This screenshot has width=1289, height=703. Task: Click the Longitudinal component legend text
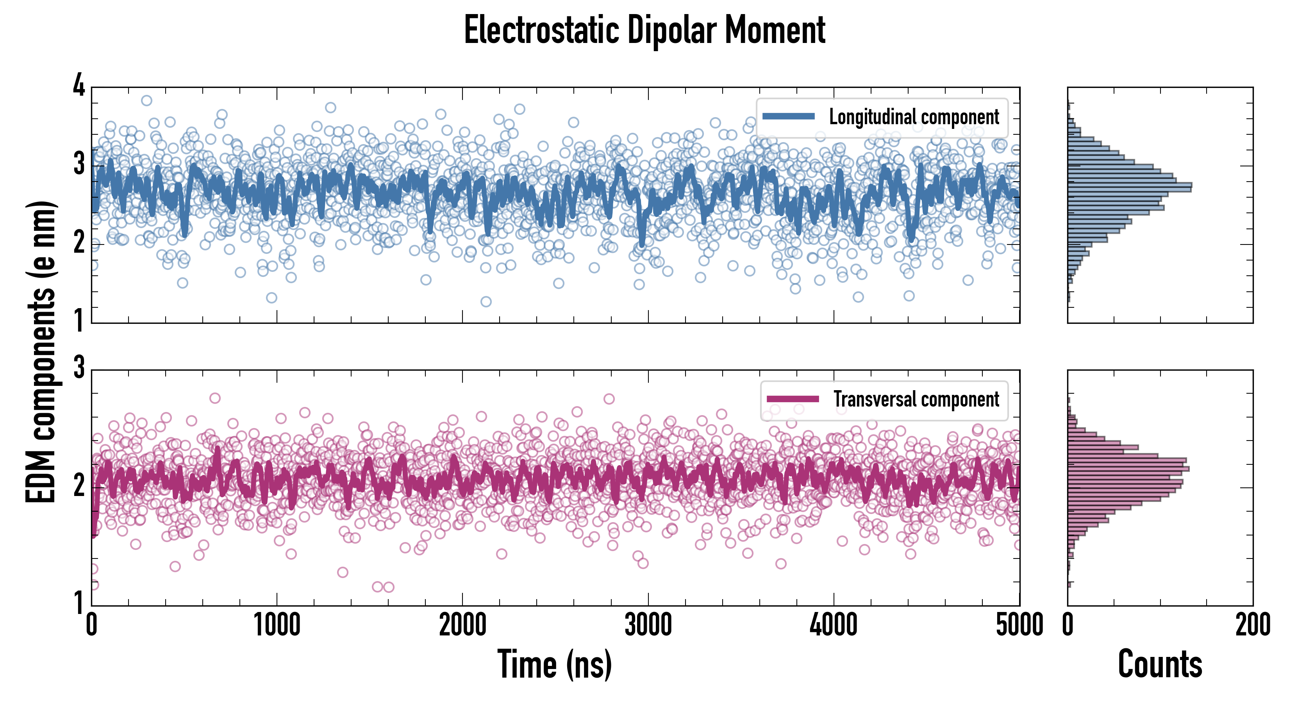click(x=914, y=117)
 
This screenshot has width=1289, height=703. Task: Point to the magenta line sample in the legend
click(x=793, y=399)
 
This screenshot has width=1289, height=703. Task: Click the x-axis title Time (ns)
click(x=554, y=664)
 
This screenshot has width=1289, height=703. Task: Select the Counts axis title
click(x=1160, y=664)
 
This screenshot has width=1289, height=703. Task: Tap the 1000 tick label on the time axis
click(x=277, y=625)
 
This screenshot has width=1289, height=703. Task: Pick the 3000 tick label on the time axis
click(x=648, y=625)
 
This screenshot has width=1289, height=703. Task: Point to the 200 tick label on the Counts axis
click(x=1252, y=625)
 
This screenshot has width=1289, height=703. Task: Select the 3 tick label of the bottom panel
click(x=79, y=368)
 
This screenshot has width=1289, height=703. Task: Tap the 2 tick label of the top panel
click(x=79, y=243)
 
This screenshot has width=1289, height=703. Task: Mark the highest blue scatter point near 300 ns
click(x=146, y=101)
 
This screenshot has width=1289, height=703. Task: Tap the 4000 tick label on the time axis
click(x=834, y=625)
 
